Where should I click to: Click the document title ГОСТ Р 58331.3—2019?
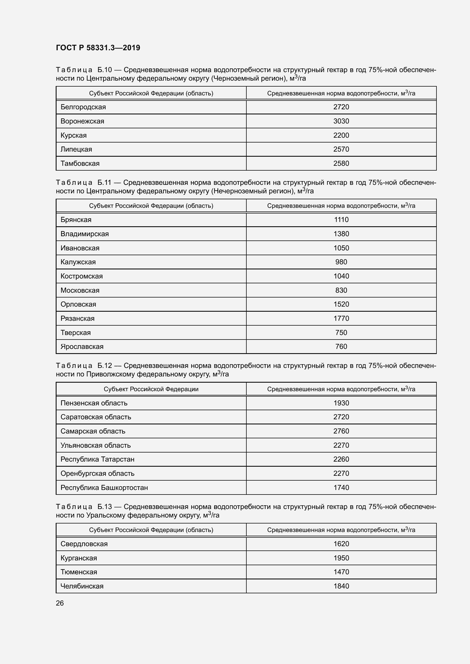[98, 48]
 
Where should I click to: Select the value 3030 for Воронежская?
[341, 121]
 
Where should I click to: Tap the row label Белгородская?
[83, 107]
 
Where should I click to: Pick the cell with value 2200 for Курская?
[341, 135]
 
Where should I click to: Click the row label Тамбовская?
[80, 164]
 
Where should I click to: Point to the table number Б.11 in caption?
[104, 183]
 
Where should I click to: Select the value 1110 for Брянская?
[341, 219]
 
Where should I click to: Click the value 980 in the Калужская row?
[341, 262]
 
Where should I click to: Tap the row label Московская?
[80, 290]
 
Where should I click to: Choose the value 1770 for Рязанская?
[341, 319]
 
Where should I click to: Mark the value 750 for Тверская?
[341, 333]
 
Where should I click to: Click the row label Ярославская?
[82, 346]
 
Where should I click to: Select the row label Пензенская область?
[94, 403]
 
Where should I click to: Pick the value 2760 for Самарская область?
[341, 431]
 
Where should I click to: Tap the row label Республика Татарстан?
[97, 459]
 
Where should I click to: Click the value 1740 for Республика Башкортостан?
[341, 488]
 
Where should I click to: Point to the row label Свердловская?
[84, 544]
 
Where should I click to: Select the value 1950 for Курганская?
[341, 558]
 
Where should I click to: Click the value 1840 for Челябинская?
[341, 586]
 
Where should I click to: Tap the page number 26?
[60, 603]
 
